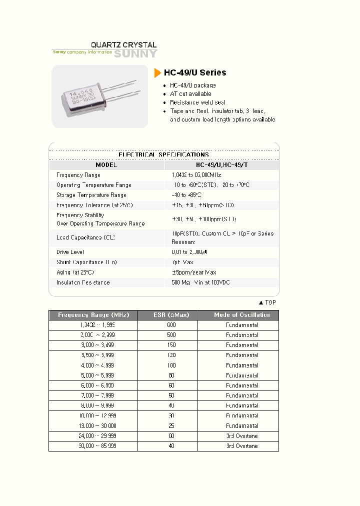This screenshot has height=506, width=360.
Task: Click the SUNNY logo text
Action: click(x=135, y=54)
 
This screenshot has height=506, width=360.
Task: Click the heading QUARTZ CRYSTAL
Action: click(x=123, y=45)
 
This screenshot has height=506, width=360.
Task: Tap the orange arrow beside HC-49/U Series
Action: click(x=157, y=72)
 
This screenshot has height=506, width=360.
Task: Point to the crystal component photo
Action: click(x=99, y=96)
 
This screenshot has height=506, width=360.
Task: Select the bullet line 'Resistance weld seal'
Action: click(x=197, y=102)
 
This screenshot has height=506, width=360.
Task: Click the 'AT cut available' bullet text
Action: click(x=190, y=94)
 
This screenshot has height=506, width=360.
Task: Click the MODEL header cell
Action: click(x=106, y=165)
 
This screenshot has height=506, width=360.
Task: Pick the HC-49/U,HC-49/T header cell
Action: click(x=222, y=165)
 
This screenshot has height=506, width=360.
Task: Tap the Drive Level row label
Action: click(x=70, y=252)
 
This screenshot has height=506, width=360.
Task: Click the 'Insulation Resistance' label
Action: click(x=83, y=282)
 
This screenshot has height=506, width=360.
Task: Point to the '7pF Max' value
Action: click(x=182, y=262)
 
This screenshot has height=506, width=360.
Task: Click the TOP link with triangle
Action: click(x=267, y=302)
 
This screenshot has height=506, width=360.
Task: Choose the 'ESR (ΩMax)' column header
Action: click(x=167, y=315)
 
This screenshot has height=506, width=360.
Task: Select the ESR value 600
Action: click(x=171, y=325)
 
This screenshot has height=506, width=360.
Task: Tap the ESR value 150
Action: click(x=171, y=345)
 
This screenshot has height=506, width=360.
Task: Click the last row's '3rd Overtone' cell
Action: click(x=242, y=446)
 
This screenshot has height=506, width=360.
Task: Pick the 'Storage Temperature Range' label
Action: click(x=91, y=195)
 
